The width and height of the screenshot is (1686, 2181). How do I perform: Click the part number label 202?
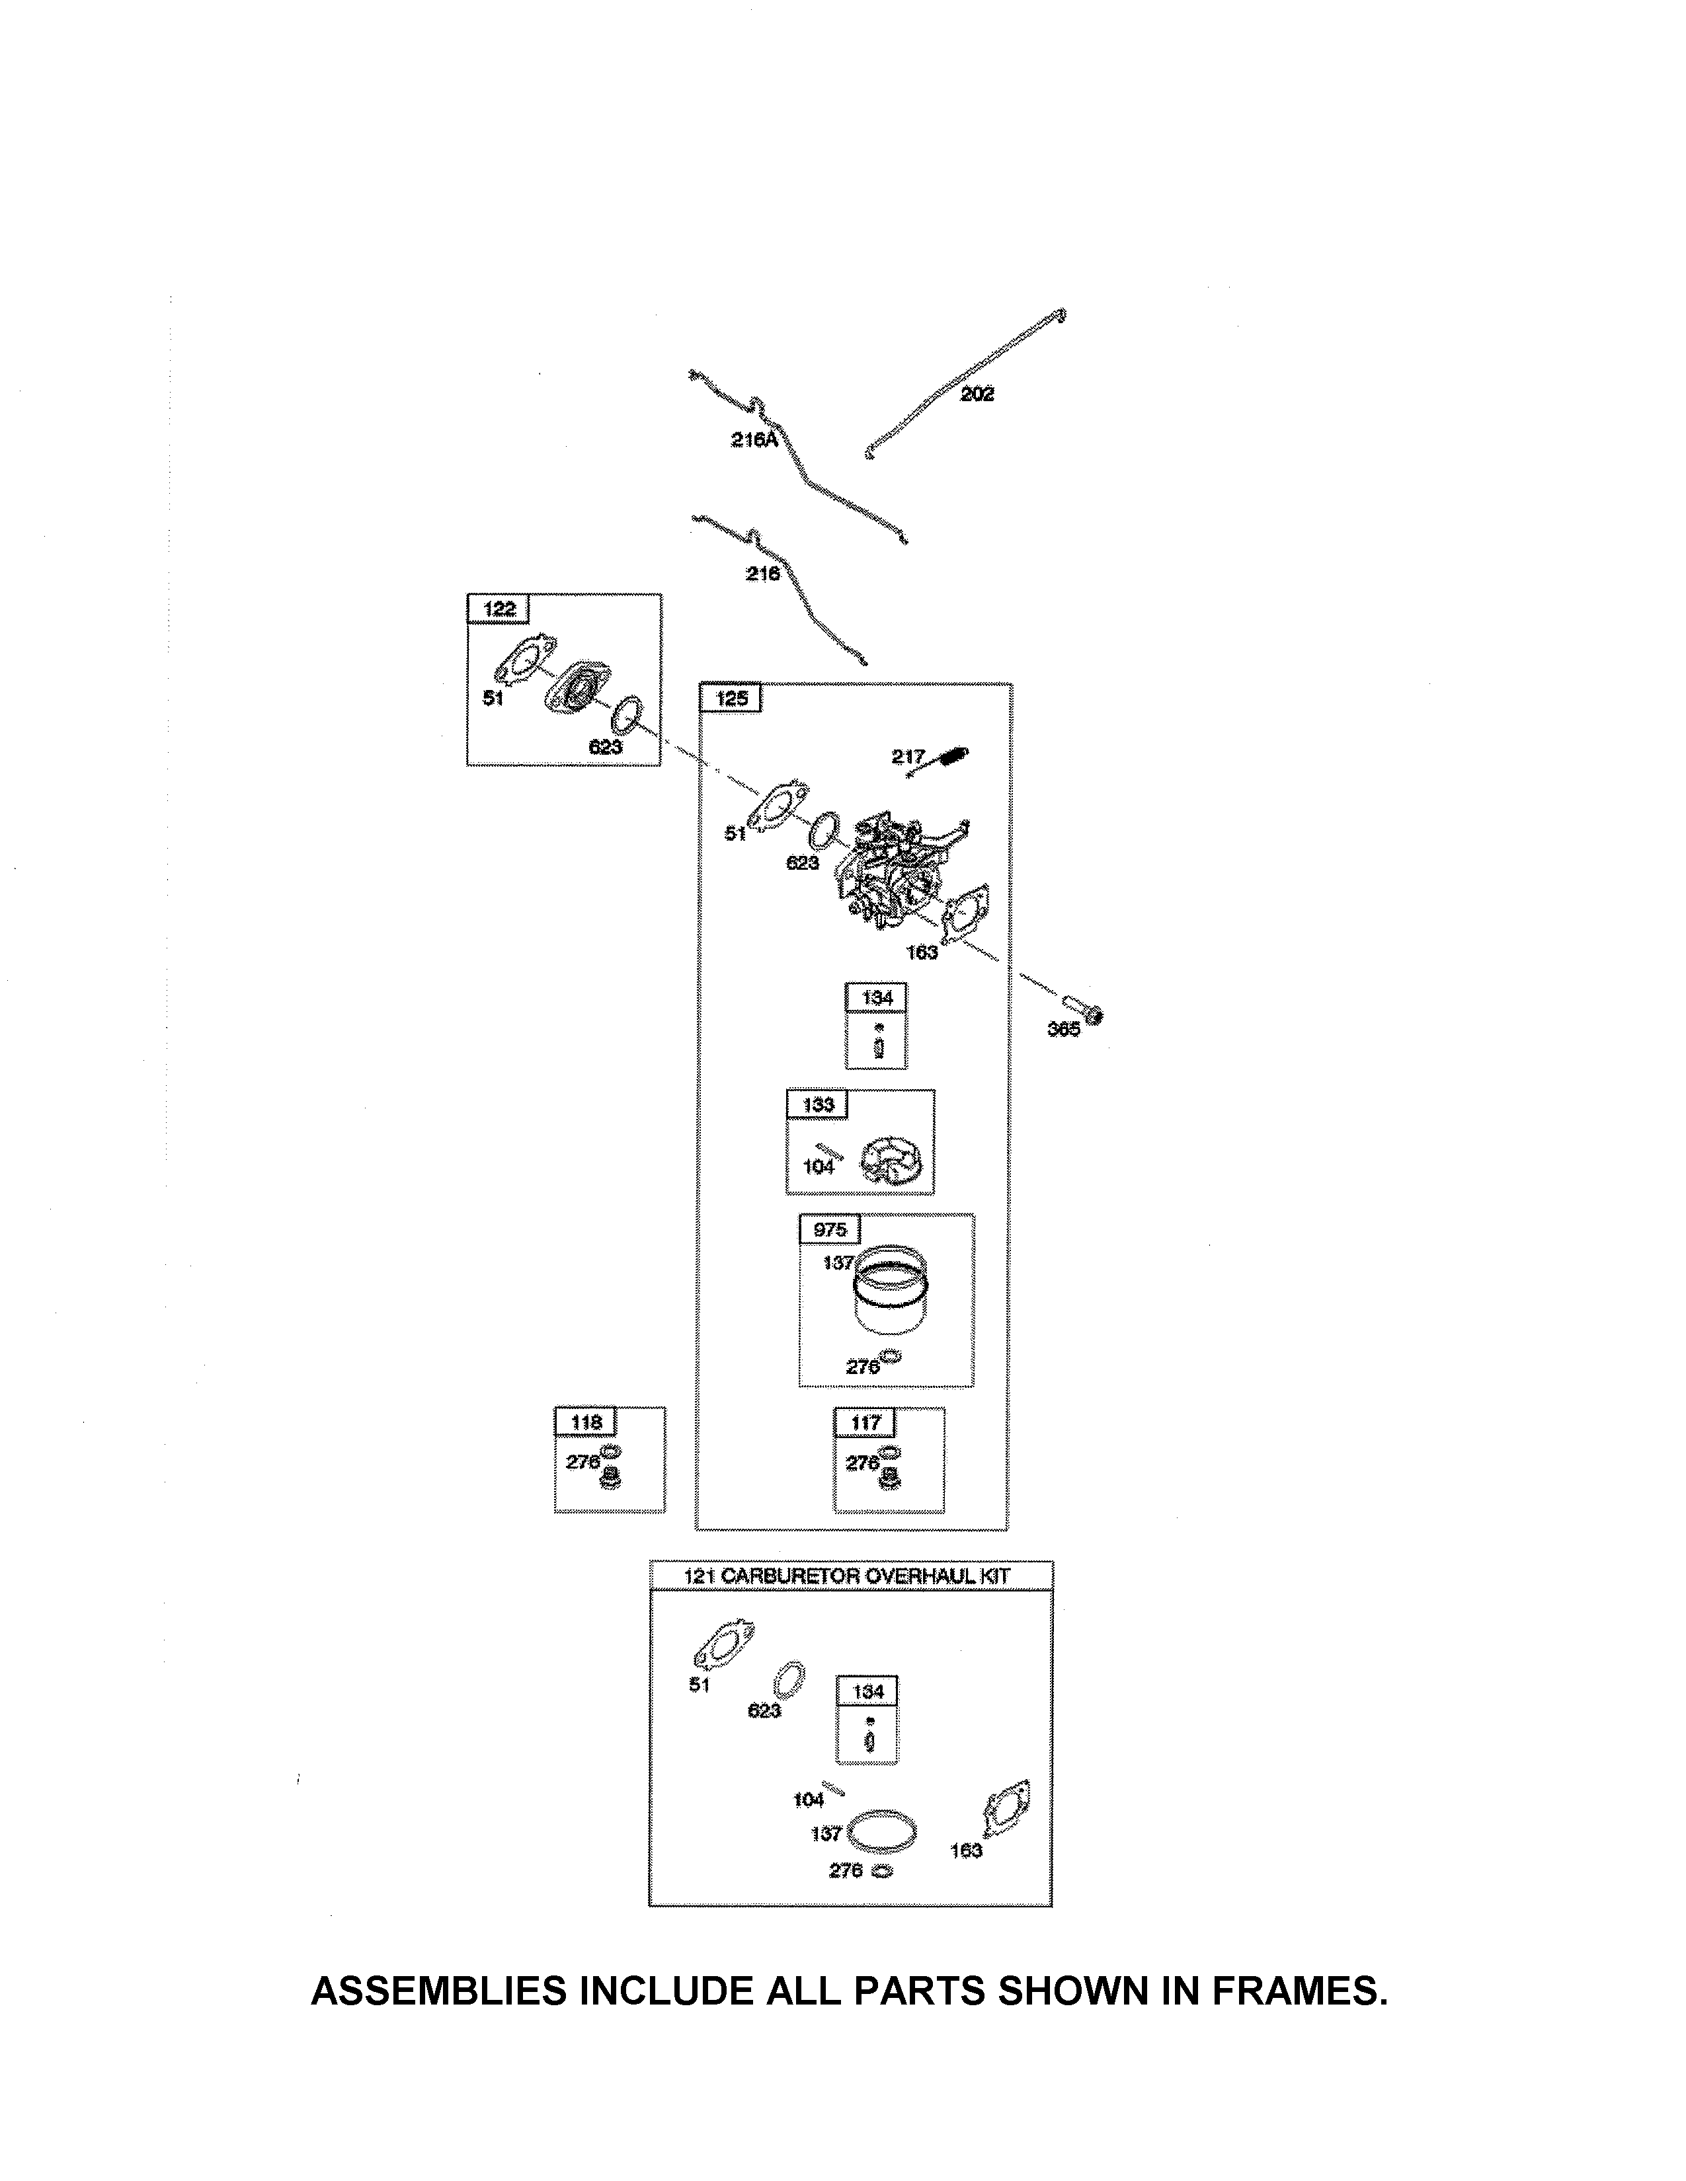977,395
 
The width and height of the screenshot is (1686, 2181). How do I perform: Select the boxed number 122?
499,609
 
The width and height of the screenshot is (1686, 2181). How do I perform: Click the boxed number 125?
732,698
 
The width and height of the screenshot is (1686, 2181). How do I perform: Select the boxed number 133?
818,1104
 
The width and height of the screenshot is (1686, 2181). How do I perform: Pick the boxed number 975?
830,1229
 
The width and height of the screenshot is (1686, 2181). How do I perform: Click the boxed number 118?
586,1422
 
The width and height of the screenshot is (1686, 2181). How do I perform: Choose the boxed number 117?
866,1422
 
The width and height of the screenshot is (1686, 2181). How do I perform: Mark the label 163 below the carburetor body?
922,952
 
